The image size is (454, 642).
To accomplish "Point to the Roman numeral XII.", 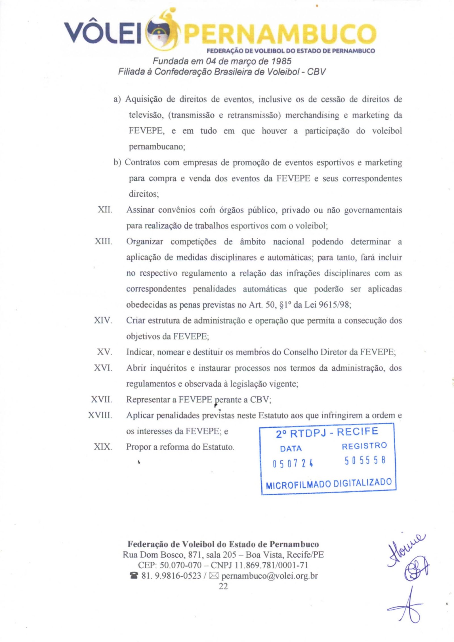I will click(x=105, y=210).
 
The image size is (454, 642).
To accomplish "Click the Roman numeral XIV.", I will click(x=103, y=321).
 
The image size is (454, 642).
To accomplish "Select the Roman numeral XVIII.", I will click(x=100, y=415).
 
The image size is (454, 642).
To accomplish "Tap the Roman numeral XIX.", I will click(x=103, y=447).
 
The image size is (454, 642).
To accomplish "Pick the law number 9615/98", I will click(x=335, y=305).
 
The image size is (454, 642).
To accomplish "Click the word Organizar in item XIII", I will click(x=145, y=242).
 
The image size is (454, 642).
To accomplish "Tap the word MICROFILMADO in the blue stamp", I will click(x=298, y=485).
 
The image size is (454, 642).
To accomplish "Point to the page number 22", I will click(x=223, y=586).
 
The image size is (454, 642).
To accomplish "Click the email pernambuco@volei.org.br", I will click(x=269, y=576).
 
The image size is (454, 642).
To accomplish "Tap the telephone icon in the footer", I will click(x=133, y=576).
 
